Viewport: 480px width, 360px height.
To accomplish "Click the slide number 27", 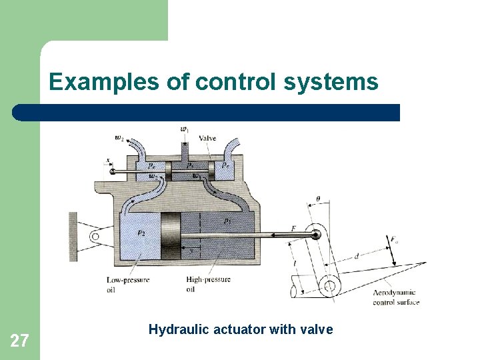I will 20,341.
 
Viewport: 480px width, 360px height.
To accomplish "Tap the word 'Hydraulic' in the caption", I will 175,329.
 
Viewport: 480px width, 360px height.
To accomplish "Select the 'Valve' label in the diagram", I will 207,138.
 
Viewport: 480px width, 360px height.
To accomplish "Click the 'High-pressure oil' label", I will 208,284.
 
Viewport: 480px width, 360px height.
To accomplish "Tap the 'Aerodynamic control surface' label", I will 395,297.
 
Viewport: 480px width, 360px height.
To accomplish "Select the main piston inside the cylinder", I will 171,235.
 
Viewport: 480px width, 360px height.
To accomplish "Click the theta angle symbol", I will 317,199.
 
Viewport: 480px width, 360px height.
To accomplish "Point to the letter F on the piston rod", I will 293,229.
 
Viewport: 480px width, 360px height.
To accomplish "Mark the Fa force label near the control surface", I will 395,239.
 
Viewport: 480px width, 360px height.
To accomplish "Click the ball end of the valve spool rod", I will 115,171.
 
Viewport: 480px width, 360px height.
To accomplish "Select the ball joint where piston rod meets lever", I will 316,234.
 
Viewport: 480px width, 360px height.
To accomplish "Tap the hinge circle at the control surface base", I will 329,287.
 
